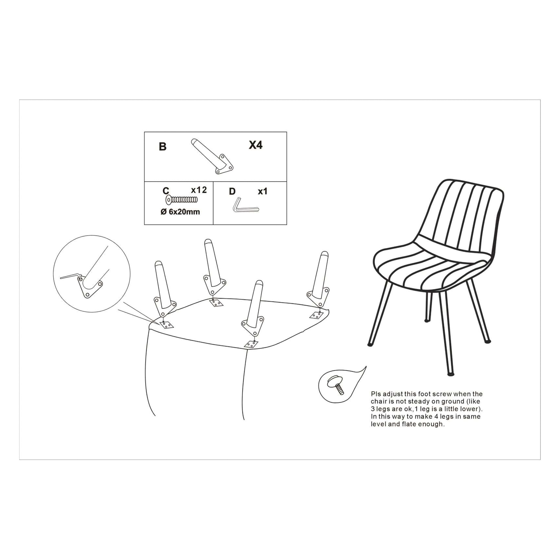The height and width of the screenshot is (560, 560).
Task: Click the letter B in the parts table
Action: click(x=163, y=147)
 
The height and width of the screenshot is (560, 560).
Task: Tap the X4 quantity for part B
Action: click(x=256, y=145)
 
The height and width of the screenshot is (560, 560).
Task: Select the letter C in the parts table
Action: click(x=166, y=191)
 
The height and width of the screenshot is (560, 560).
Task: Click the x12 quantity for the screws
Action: click(x=199, y=190)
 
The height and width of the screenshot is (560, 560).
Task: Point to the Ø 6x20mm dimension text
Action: click(x=180, y=212)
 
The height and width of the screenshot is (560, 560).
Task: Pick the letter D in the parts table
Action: click(x=232, y=191)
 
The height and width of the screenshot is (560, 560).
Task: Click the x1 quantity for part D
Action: click(x=262, y=191)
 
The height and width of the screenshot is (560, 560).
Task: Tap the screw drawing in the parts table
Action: click(x=182, y=200)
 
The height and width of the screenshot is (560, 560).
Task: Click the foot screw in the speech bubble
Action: click(x=337, y=385)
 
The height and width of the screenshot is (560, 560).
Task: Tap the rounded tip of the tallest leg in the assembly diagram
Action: click(x=208, y=242)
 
